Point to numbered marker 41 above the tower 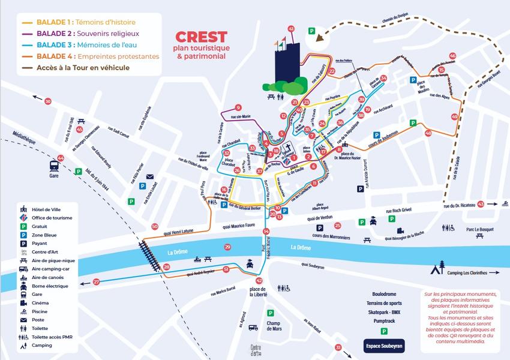pyautogui.click(x=291, y=29)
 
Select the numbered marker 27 pyautogui.click(x=97, y=281)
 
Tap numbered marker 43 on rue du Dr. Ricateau pyautogui.click(x=481, y=204)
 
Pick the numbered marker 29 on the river pyautogui.click(x=227, y=247)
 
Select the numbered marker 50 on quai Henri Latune pyautogui.click(x=155, y=226)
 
